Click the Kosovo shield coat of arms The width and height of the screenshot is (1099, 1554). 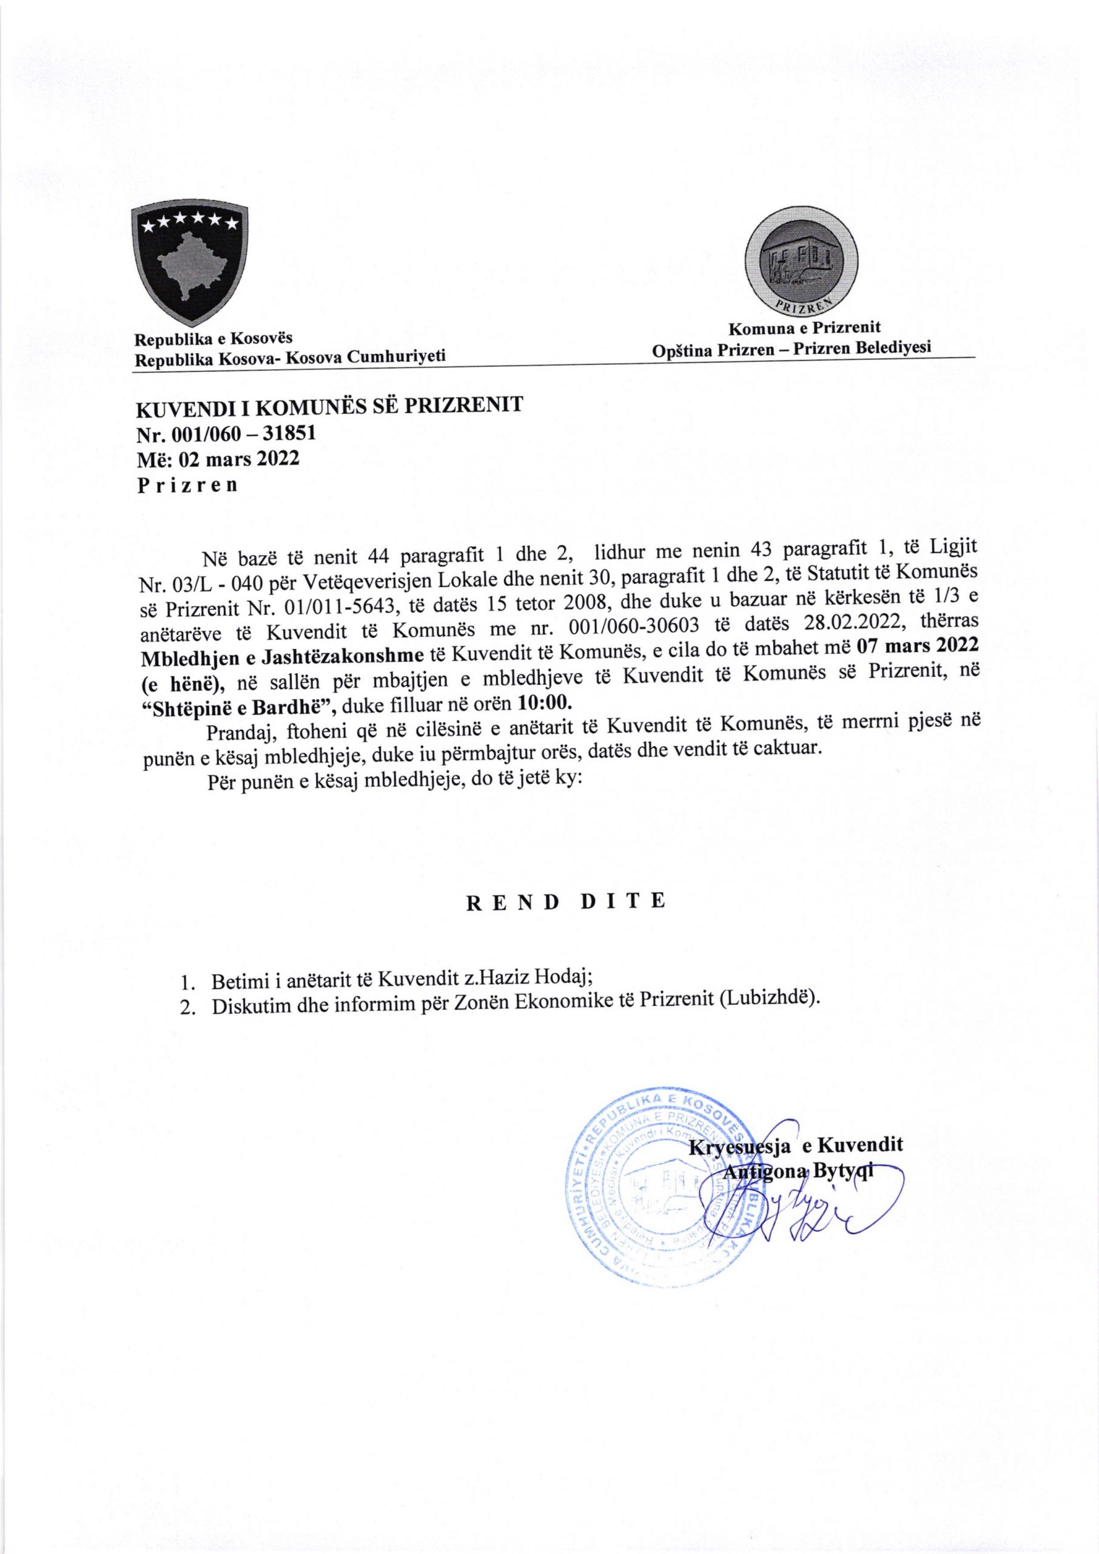click(187, 265)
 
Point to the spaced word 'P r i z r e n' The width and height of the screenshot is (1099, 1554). click(187, 486)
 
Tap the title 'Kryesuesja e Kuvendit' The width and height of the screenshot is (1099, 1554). click(796, 1145)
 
